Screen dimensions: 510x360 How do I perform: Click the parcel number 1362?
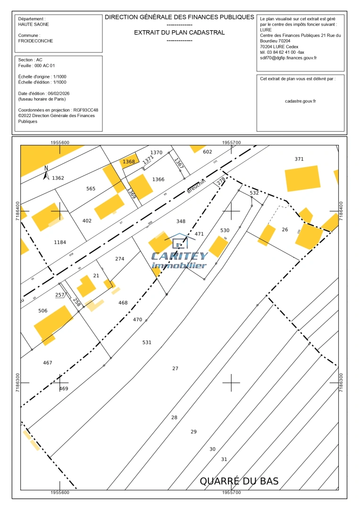[x=58, y=178]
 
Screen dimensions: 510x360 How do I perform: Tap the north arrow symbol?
[x=46, y=173]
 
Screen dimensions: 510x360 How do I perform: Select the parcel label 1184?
[x=60, y=242]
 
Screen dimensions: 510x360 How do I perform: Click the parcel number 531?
[x=147, y=342]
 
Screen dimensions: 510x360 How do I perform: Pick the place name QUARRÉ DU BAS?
[x=239, y=481]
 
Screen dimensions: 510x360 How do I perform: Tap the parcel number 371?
[x=299, y=159]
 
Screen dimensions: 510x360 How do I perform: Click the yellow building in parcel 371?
[x=302, y=178]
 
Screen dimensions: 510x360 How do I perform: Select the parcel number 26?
[x=285, y=230]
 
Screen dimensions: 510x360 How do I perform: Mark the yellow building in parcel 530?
[x=218, y=246]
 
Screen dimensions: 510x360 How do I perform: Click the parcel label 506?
[x=43, y=311]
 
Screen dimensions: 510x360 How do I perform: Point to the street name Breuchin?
[x=197, y=186]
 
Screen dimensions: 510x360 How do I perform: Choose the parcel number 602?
[x=208, y=152]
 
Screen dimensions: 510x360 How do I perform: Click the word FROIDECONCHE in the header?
[x=36, y=41]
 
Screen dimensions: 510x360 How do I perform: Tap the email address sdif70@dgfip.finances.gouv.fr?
[x=288, y=58]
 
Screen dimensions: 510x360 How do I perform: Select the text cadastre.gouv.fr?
[x=301, y=101]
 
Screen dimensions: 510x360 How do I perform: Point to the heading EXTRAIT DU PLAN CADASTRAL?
[x=179, y=33]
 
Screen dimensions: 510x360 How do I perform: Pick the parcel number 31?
[x=224, y=459]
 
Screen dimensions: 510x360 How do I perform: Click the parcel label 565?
[x=91, y=189]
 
